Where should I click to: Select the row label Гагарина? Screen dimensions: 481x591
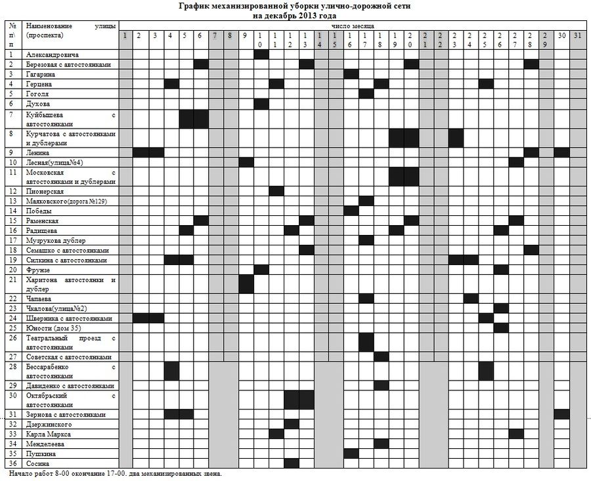(41, 74)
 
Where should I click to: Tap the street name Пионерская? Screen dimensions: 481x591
(45, 191)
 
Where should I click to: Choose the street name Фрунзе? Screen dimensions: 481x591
(39, 269)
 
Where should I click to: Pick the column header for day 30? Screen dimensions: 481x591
(561, 35)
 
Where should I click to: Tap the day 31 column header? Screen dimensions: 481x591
(577, 35)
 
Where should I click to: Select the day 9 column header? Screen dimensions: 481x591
(245, 35)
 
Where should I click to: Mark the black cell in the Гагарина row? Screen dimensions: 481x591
(351, 73)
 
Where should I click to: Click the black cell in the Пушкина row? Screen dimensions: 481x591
(351, 453)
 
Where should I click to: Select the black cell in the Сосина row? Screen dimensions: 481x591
(292, 463)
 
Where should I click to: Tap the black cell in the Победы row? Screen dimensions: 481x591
(351, 211)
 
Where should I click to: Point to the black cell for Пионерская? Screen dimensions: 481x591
(276, 191)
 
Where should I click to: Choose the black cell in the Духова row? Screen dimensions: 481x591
(261, 104)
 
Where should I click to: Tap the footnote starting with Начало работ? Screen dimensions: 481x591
(116, 473)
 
